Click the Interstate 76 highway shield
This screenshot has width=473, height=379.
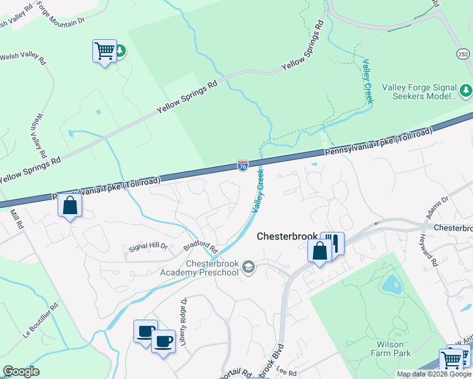pyautogui.click(x=243, y=165)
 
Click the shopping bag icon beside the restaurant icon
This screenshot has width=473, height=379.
pyautogui.click(x=320, y=251)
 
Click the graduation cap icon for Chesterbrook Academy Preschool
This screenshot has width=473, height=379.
pyautogui.click(x=249, y=267)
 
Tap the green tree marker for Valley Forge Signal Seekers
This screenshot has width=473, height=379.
pyautogui.click(x=466, y=90)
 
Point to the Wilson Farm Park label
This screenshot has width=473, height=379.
pyautogui.click(x=394, y=349)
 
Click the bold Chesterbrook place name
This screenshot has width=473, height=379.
pyautogui.click(x=287, y=236)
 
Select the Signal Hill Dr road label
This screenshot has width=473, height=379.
pyautogui.click(x=147, y=246)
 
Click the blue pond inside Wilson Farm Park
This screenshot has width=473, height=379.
pyautogui.click(x=392, y=285)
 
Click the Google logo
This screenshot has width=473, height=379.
pyautogui.click(x=21, y=371)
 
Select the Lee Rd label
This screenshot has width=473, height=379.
pyautogui.click(x=286, y=373)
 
